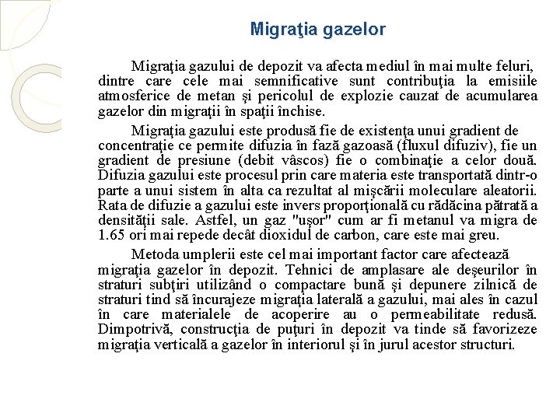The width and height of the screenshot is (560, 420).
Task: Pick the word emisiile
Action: pos(512,82)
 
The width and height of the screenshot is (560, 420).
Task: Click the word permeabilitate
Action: pos(441,314)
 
